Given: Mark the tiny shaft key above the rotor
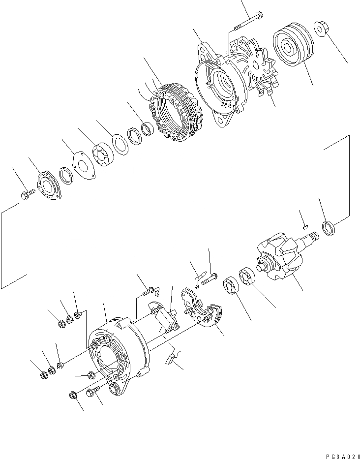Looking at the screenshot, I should coord(305,227).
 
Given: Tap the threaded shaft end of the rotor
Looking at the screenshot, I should coord(312,239).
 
